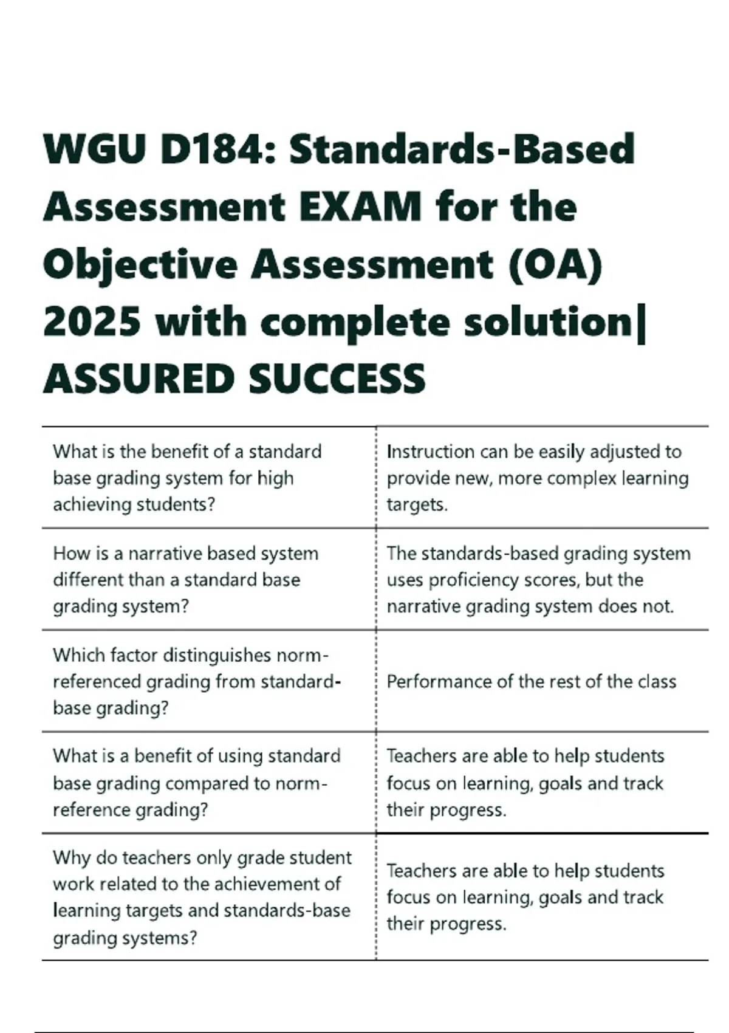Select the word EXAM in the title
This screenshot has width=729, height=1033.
pos(360,207)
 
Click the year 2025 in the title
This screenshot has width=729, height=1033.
pos(92,322)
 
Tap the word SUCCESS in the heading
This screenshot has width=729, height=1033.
pos(337,379)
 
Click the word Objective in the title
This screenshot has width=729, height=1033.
pos(140,265)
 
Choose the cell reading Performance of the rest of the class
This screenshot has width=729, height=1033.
pos(531,681)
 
